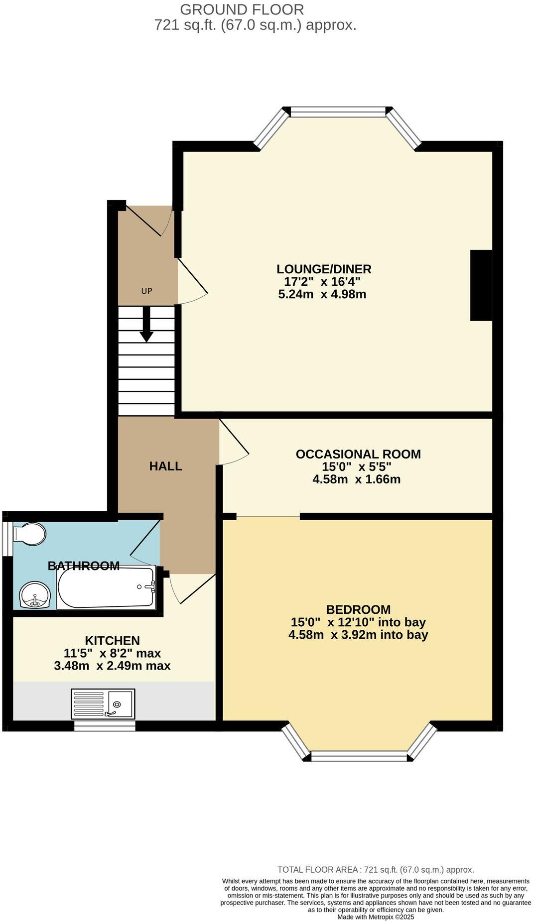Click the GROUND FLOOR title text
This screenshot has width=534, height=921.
[242, 9]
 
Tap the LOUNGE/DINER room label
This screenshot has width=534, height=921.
[324, 269]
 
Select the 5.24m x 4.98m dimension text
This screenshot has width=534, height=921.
[322, 294]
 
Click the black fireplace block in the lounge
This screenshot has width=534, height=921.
[481, 285]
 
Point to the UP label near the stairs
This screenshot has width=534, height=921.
[146, 291]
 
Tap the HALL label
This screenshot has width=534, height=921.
[165, 466]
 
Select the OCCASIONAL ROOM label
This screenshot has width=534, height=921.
[358, 454]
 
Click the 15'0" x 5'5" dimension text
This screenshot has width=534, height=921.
[356, 467]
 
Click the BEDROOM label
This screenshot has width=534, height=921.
[358, 609]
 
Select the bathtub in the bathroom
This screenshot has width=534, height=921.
[106, 587]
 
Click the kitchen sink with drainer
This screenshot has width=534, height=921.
[103, 703]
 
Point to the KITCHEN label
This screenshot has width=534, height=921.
[112, 641]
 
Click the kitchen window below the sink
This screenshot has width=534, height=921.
[105, 726]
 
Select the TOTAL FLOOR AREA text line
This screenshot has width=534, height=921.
[375, 870]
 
